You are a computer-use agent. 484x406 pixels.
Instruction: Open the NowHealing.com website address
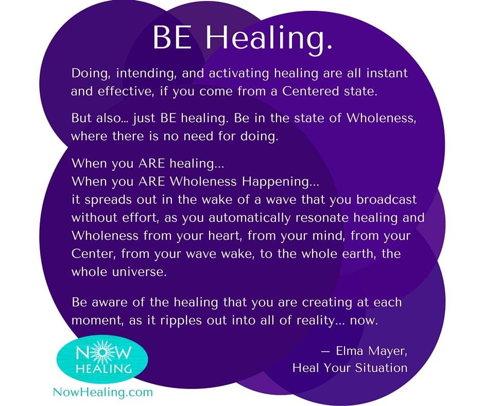tap(103, 392)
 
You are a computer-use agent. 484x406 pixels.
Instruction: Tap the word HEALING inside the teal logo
tap(103, 369)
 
